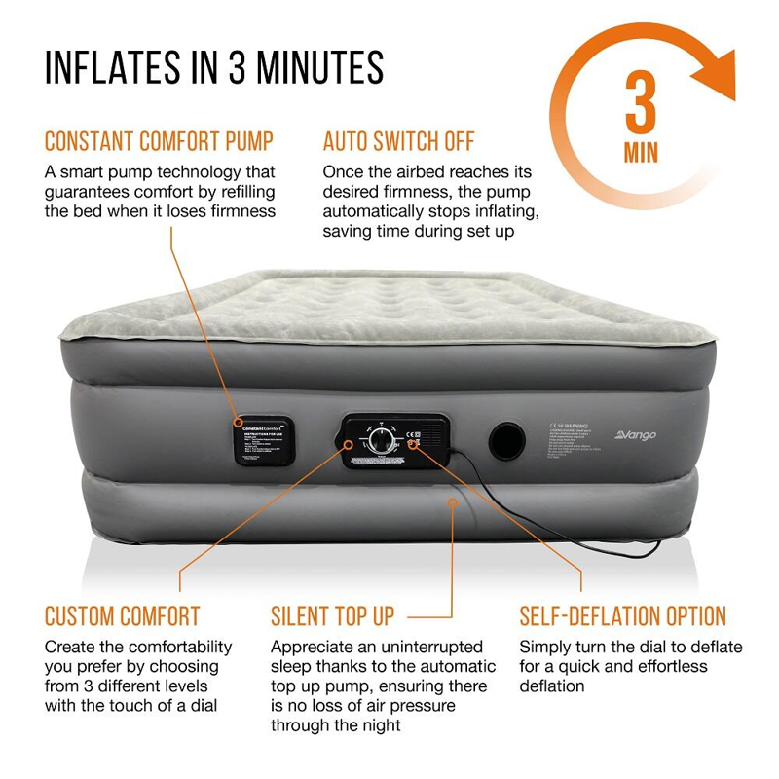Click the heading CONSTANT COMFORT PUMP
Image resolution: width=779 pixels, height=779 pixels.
(159, 140)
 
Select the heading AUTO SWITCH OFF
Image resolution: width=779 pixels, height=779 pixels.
(398, 140)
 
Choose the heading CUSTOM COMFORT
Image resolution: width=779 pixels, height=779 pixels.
(122, 616)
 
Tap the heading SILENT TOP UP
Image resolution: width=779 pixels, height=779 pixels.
(332, 616)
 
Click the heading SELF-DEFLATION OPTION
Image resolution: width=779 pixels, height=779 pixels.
(623, 616)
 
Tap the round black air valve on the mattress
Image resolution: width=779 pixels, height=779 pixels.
(506, 441)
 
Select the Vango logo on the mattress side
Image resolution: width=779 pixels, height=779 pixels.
(635, 435)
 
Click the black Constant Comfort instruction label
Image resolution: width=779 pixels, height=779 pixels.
(263, 439)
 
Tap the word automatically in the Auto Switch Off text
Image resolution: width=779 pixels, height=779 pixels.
(376, 211)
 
